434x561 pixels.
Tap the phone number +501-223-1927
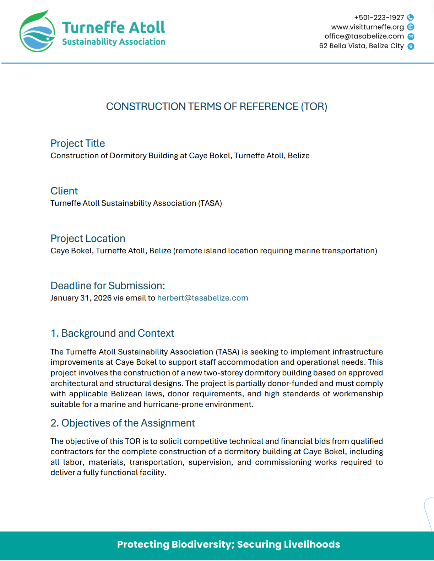coord(379,17)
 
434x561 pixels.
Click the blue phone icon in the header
coord(411,17)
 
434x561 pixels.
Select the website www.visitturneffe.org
coord(367,27)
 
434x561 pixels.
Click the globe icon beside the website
coord(411,27)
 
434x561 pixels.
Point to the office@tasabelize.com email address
coord(364,36)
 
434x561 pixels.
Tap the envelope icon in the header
coord(411,37)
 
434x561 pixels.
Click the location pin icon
coord(411,46)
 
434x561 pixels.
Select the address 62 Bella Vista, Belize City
coord(361,46)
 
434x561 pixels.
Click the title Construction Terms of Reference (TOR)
coord(217,106)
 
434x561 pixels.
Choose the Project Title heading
coord(78,143)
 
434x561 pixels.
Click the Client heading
coord(64,191)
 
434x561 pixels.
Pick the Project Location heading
coord(88,238)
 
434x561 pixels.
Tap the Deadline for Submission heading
coord(108,286)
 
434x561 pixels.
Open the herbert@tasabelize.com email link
coord(202,298)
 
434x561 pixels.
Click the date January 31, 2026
coord(81,298)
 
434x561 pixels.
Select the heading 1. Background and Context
coord(112,333)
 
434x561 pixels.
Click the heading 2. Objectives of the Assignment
coord(123,423)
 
